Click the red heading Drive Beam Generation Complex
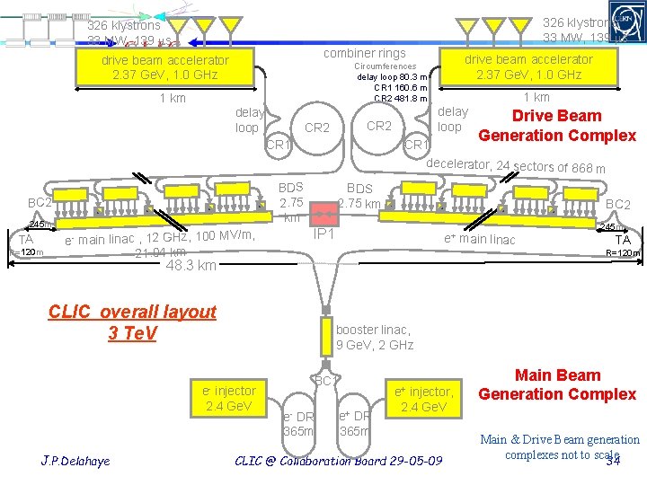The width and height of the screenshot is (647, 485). [x=557, y=126]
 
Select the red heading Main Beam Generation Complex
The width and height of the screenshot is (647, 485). [x=557, y=384]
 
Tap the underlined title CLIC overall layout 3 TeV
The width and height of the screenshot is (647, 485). [x=132, y=322]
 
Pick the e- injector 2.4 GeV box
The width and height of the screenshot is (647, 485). [x=229, y=398]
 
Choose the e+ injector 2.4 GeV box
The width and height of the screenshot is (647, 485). [x=424, y=398]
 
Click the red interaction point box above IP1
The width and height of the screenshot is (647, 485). [x=322, y=214]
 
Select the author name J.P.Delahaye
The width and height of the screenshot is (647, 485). [x=75, y=461]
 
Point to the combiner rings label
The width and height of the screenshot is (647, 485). [x=364, y=54]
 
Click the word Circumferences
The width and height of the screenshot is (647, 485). [x=385, y=66]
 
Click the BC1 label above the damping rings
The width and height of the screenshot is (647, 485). [x=324, y=381]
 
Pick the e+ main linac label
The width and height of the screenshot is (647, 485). [x=480, y=239]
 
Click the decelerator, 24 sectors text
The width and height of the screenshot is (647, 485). [x=515, y=167]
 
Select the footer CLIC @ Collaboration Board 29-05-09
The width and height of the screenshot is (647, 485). [x=338, y=461]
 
